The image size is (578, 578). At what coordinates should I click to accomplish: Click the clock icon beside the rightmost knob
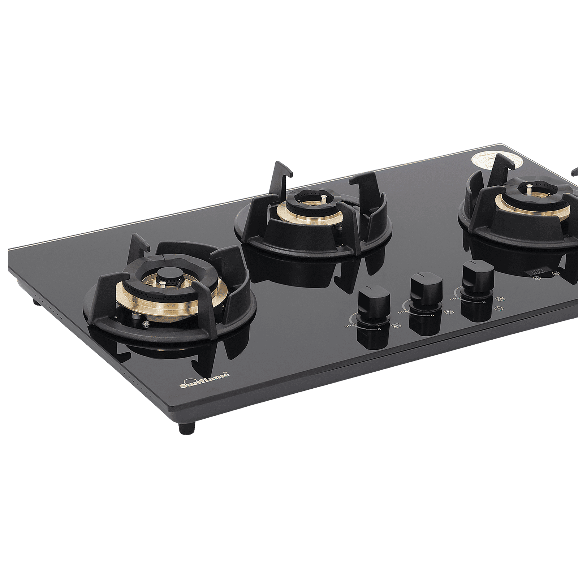pyautogui.click(x=498, y=308)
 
